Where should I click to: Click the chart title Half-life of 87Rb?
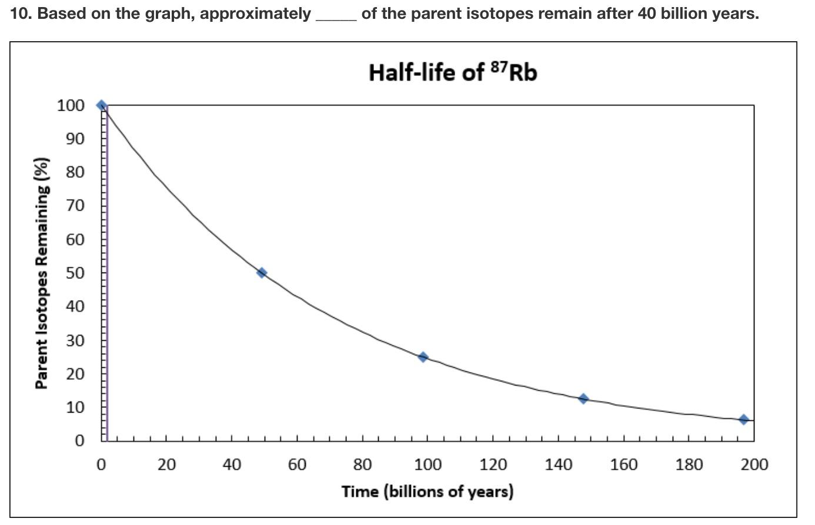click(452, 73)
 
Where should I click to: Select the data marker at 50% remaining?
click(262, 273)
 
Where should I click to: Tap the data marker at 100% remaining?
click(102, 105)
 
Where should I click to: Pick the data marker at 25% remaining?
click(423, 357)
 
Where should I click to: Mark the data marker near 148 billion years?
click(583, 398)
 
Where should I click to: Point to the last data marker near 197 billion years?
click(743, 419)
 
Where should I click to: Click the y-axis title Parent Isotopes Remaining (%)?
click(41, 274)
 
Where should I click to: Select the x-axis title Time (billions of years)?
click(427, 491)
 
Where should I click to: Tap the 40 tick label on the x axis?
click(232, 465)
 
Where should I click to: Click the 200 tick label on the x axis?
click(754, 465)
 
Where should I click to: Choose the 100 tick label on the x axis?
click(427, 465)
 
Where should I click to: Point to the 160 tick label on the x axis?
click(623, 465)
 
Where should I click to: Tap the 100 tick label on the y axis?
click(71, 105)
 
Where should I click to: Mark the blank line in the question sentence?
click(335, 18)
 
